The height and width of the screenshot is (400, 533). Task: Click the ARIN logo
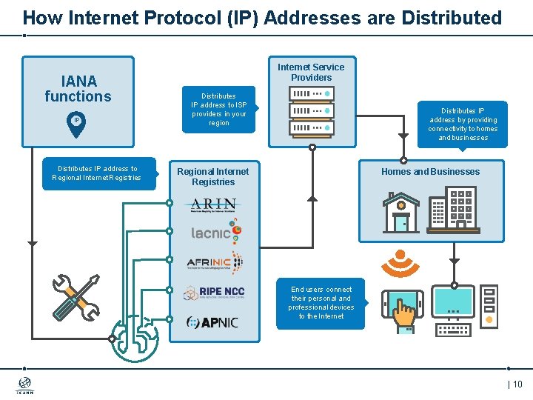pyautogui.click(x=214, y=204)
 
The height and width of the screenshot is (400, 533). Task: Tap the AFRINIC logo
pyautogui.click(x=215, y=262)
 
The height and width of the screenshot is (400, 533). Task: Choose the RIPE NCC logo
pyautogui.click(x=215, y=292)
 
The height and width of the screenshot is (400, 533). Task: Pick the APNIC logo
pyautogui.click(x=212, y=322)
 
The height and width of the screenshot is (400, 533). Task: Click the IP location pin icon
pyautogui.click(x=76, y=124)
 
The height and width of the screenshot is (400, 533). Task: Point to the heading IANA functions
pyautogui.click(x=78, y=89)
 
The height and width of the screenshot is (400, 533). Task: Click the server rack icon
pyautogui.click(x=312, y=111)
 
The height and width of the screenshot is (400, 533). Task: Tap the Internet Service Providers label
pyautogui.click(x=311, y=72)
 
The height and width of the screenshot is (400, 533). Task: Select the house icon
pyautogui.click(x=400, y=212)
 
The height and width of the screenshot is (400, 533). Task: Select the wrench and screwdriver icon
pyautogui.click(x=76, y=297)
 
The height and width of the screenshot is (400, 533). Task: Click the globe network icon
pyautogui.click(x=135, y=336)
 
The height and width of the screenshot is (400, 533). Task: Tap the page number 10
pyautogui.click(x=515, y=384)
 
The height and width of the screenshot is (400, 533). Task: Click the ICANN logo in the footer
pyautogui.click(x=24, y=385)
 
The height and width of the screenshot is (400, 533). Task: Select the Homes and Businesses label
pyautogui.click(x=430, y=172)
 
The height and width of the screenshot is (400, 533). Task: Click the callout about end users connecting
pyautogui.click(x=321, y=303)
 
